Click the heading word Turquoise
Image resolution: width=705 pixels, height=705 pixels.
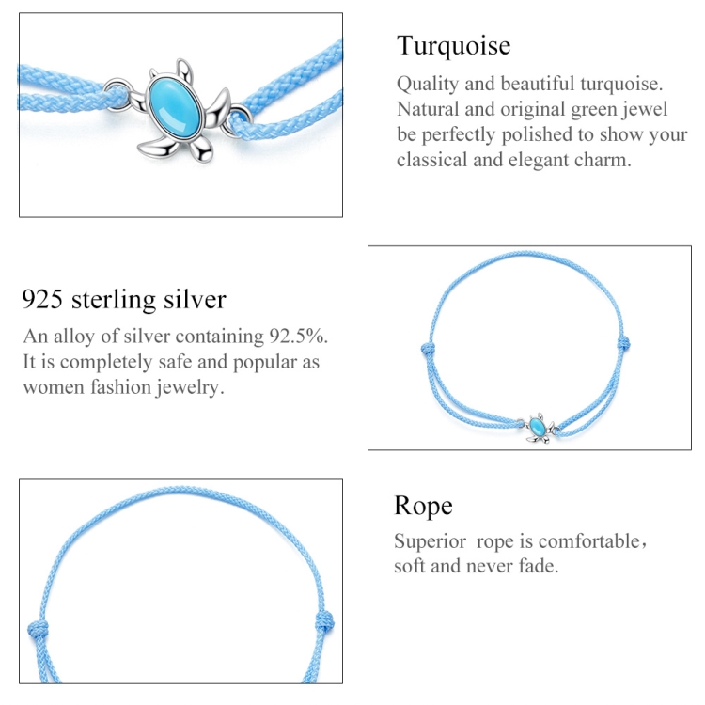click(453, 46)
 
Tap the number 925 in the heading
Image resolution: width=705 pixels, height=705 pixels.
click(42, 300)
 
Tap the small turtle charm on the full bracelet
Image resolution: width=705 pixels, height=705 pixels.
click(539, 428)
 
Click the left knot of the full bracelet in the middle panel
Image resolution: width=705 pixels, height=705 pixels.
click(429, 349)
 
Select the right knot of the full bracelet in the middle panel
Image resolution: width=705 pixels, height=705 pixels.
click(623, 343)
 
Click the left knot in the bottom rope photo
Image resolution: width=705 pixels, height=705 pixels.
click(38, 629)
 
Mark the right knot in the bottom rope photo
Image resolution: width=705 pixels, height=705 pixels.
click(324, 623)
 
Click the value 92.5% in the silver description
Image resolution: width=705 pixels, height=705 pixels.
click(299, 337)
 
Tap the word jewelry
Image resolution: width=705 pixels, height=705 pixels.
click(190, 387)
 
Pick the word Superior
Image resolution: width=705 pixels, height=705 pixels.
click(430, 541)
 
